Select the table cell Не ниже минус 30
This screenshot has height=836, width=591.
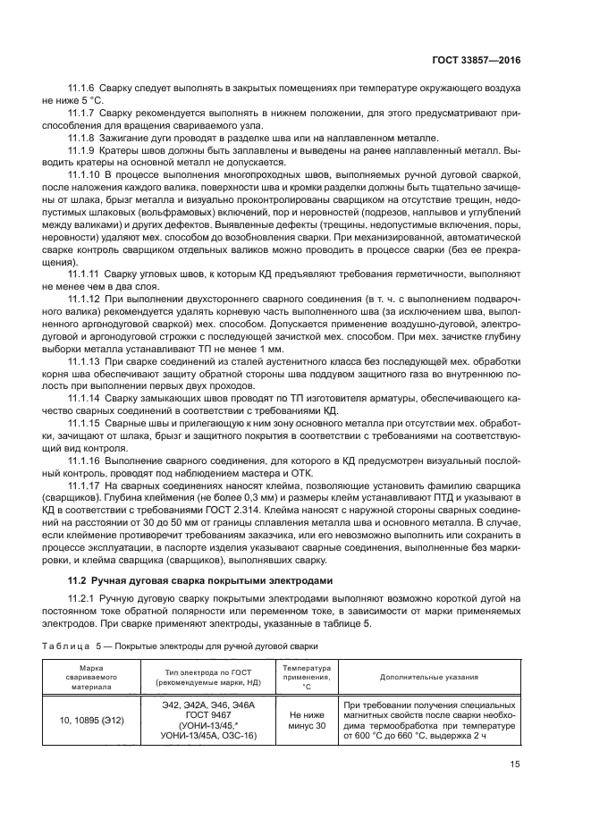pyautogui.click(x=307, y=721)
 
